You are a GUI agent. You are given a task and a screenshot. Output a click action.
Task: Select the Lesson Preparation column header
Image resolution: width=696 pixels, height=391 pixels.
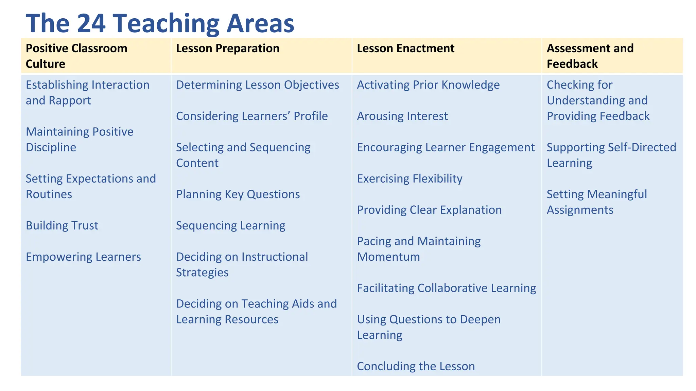[x=228, y=49]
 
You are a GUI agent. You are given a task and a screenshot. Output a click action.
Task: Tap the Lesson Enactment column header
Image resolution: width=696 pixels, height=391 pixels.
[x=405, y=49]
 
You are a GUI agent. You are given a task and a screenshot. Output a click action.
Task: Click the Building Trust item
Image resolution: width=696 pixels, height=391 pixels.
[x=62, y=226]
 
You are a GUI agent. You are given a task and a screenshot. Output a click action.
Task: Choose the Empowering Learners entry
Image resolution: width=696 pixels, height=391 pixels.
[x=83, y=257]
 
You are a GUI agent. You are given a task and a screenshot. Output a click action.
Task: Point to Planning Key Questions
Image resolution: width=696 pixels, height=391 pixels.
[x=238, y=194]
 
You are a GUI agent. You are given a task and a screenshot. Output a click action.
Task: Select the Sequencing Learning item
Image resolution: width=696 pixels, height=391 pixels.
[x=231, y=226]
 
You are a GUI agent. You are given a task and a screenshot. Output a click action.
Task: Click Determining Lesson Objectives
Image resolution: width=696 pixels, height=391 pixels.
[x=258, y=85]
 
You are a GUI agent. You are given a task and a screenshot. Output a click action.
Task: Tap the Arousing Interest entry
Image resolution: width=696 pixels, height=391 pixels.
[x=402, y=116]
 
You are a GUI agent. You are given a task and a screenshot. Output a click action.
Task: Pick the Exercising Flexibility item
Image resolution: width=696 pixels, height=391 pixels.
[x=410, y=179]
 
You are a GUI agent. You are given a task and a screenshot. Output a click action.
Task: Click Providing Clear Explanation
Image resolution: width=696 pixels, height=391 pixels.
[x=429, y=210]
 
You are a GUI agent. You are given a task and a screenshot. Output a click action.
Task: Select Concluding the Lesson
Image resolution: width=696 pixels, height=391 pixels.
[x=416, y=367]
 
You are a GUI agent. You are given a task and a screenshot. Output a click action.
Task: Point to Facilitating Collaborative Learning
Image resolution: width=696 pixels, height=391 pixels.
[x=446, y=288]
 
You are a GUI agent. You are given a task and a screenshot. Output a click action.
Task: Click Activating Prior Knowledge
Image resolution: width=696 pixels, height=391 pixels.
[x=428, y=85]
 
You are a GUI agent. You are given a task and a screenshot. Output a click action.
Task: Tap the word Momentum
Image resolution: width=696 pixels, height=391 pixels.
[x=388, y=257]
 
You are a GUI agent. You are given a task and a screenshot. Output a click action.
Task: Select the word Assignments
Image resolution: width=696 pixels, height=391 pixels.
[x=580, y=210]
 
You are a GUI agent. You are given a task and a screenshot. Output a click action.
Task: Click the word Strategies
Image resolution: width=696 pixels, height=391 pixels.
[x=202, y=273]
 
